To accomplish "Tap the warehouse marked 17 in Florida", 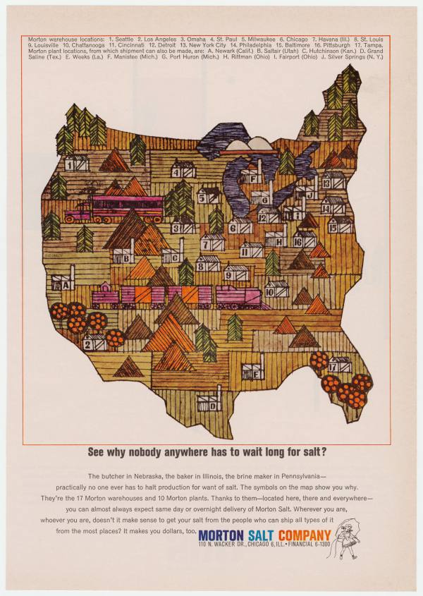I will (339, 364).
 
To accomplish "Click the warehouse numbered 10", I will (276, 288).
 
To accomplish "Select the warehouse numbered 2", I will (94, 343).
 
